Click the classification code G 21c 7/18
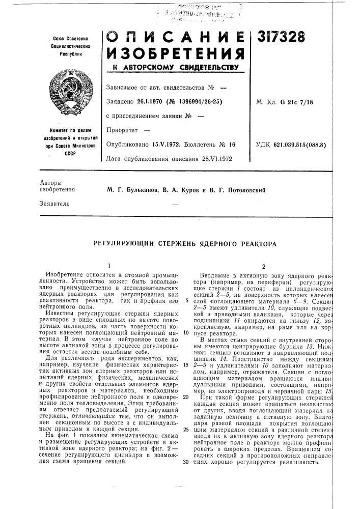coord(296,102)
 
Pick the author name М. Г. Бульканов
coord(131,189)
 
